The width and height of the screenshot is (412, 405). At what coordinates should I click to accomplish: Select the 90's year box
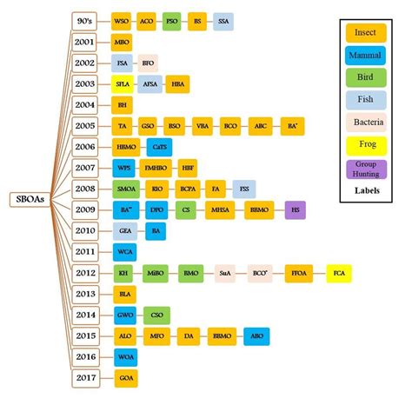(84, 19)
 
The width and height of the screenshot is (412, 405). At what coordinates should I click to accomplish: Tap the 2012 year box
(84, 272)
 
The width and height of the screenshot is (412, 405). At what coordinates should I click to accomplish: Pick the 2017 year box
(84, 378)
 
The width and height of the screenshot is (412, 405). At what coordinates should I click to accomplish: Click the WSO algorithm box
(123, 19)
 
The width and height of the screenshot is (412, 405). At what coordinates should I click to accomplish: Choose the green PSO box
(173, 19)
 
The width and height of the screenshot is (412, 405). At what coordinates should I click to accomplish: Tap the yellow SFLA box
(123, 83)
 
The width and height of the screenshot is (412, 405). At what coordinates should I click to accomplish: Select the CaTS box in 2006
(158, 145)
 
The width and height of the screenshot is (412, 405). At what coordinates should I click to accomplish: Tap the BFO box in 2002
(148, 63)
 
